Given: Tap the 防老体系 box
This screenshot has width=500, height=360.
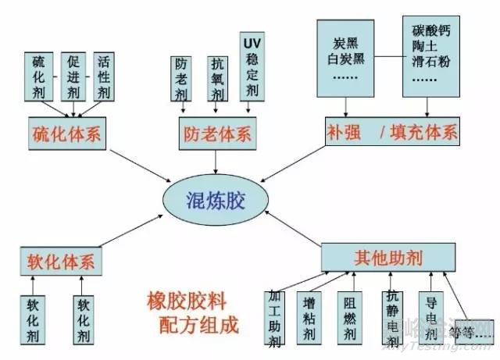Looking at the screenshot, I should coord(216,133).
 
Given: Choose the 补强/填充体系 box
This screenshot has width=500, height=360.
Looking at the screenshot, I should coord(391,133).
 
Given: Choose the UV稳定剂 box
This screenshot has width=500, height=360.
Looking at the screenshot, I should coord(250,66).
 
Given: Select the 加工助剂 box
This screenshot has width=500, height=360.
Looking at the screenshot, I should coord(274,317).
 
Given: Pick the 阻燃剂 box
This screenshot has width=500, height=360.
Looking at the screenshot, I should coord(349,316).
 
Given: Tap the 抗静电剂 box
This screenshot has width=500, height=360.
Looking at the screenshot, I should coord(393,317).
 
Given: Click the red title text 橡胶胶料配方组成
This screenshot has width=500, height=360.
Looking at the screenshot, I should coord(192,312).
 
